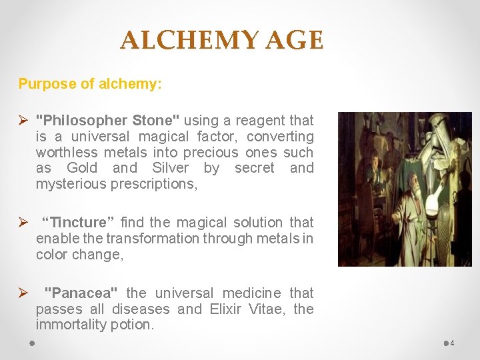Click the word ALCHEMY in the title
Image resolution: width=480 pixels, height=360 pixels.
click(189, 41)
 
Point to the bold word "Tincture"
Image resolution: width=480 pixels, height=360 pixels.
click(79, 222)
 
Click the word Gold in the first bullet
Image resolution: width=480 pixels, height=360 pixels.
click(82, 168)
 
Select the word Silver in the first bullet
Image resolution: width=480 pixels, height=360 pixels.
click(170, 168)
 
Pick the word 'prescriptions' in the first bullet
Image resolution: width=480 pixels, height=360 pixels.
click(154, 184)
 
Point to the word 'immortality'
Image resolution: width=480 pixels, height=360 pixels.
click(71, 325)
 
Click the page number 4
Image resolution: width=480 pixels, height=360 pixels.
click(453, 343)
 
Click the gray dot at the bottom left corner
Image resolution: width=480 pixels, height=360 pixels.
click(32, 343)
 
